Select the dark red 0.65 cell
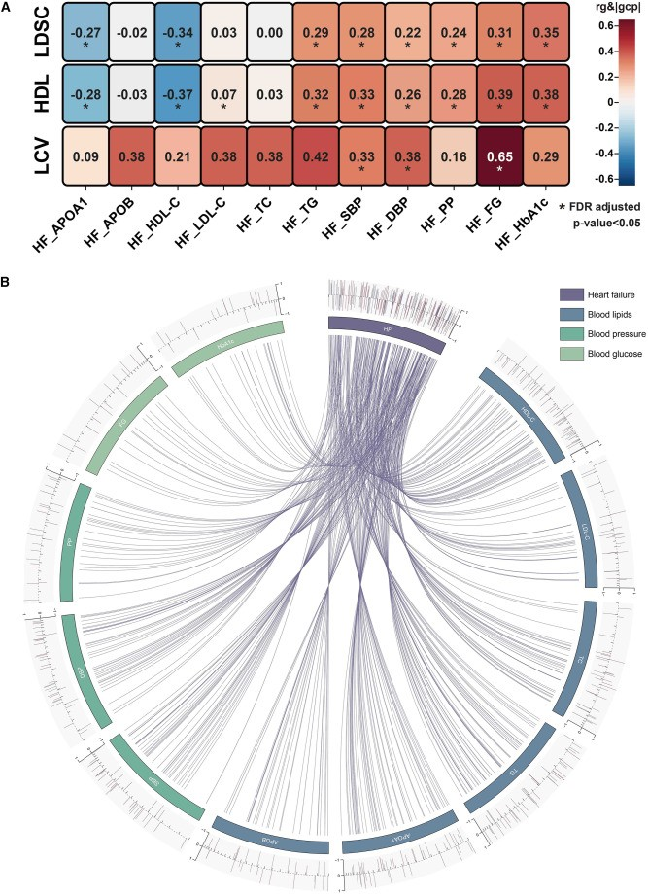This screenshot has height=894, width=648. (500, 156)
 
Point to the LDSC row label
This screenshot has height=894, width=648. (19, 35)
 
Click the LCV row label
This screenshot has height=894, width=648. (19, 157)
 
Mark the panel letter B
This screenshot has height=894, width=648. (8, 283)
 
